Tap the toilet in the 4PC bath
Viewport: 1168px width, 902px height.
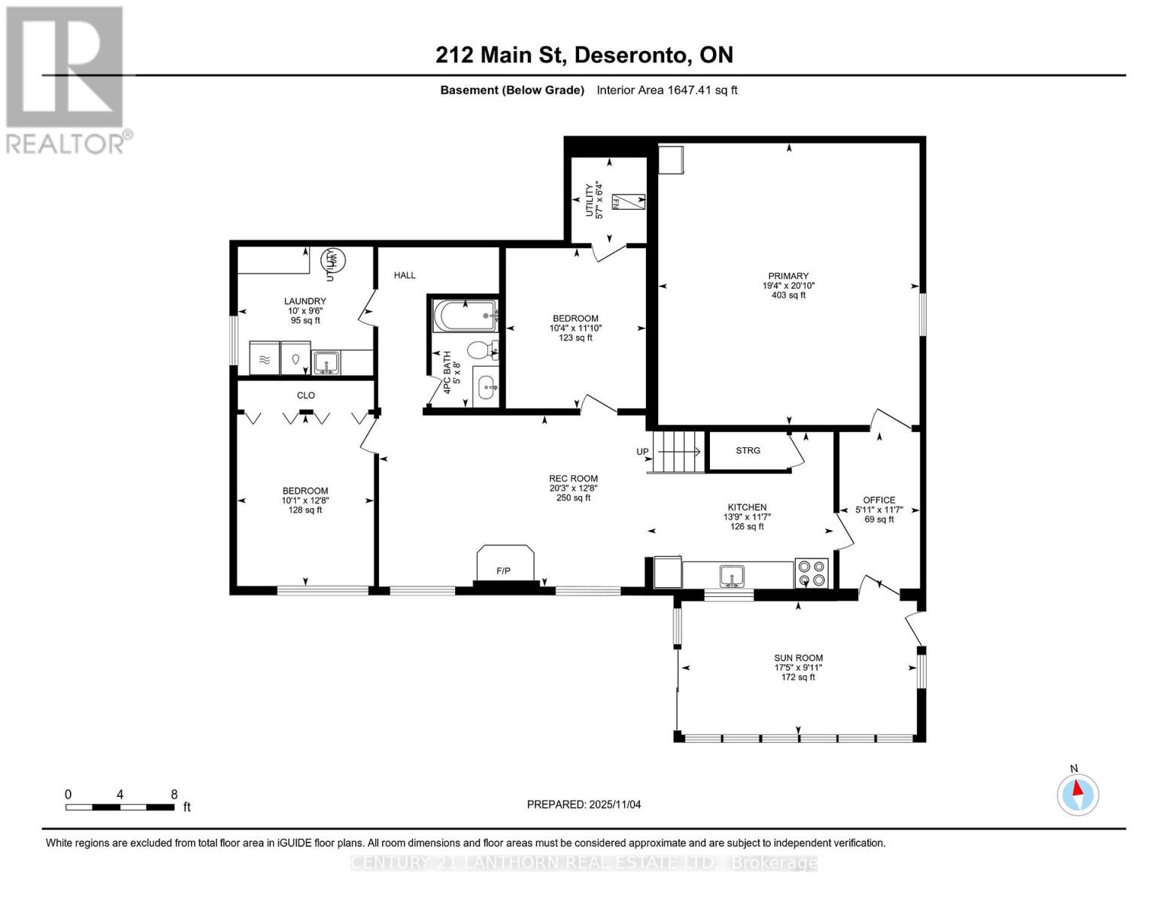pyautogui.click(x=480, y=350)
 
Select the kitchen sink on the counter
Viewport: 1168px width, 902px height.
pyautogui.click(x=730, y=576)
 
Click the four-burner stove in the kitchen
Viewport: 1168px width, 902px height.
pyautogui.click(x=812, y=573)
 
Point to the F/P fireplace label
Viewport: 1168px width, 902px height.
pyautogui.click(x=503, y=571)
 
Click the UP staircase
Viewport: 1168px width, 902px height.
pyautogui.click(x=678, y=451)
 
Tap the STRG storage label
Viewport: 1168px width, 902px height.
pyautogui.click(x=748, y=450)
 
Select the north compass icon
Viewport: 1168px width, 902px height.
pyautogui.click(x=1078, y=794)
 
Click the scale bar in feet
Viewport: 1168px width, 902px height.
pyautogui.click(x=120, y=807)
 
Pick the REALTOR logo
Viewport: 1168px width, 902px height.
pyautogui.click(x=65, y=79)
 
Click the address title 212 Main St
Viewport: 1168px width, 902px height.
pyautogui.click(x=584, y=55)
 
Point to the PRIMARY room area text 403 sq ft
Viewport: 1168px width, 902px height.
pyautogui.click(x=787, y=295)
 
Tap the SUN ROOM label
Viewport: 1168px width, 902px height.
pyautogui.click(x=798, y=658)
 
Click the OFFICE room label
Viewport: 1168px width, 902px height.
pyautogui.click(x=878, y=500)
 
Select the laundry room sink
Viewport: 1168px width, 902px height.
pyautogui.click(x=326, y=363)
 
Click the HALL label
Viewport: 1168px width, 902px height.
pyautogui.click(x=405, y=275)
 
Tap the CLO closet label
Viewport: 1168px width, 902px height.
pyautogui.click(x=305, y=395)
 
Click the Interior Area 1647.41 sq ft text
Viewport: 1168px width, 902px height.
pyautogui.click(x=666, y=90)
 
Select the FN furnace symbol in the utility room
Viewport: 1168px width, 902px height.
pyautogui.click(x=627, y=202)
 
